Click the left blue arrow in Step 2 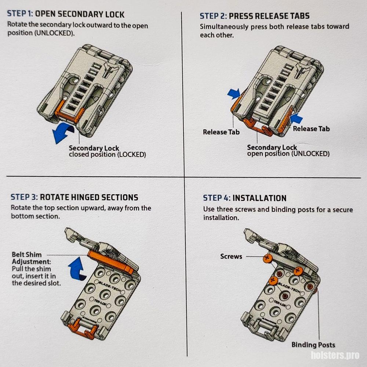click(x=234, y=94)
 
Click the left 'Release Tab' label click(x=221, y=132)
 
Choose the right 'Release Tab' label click(x=311, y=129)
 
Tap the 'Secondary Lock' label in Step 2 click(x=272, y=148)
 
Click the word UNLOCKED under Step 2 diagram click(x=311, y=154)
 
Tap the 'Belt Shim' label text click(x=27, y=255)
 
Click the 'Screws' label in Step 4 click(x=231, y=257)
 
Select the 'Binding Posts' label click(x=313, y=345)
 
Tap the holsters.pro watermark click(x=335, y=355)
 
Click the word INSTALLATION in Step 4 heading click(x=259, y=198)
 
